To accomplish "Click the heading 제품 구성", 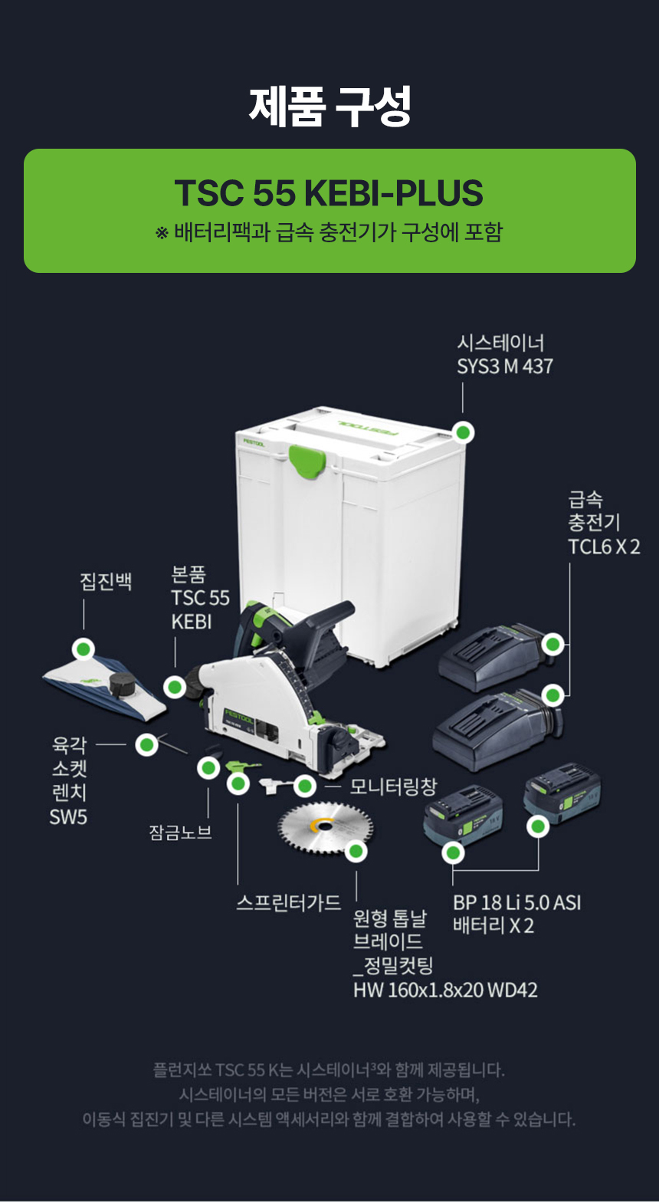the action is point(329,107).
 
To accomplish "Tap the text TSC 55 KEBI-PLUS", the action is point(329,193).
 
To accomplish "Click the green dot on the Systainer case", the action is point(463,432).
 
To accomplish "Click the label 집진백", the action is point(107,581).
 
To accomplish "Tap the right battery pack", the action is point(562,797).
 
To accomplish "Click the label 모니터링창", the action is point(393,786).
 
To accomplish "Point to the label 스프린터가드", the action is point(288,902).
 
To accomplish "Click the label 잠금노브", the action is point(180,832).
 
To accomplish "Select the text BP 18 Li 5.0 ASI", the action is point(516,902).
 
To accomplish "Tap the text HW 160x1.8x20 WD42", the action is point(444,990).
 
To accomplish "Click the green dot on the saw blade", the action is point(356,850).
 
